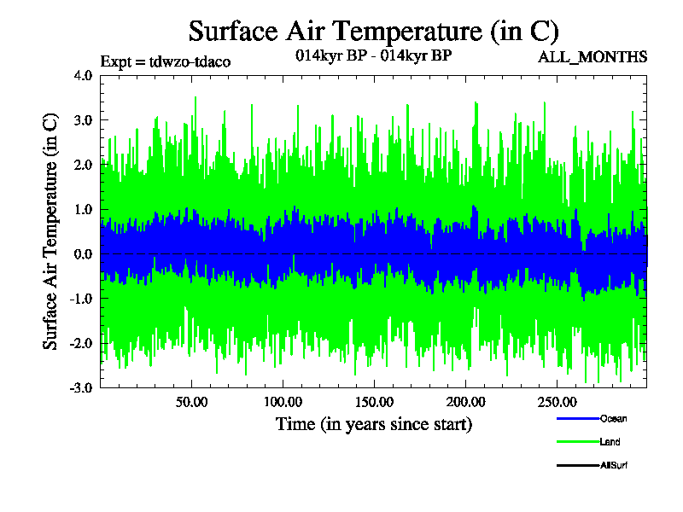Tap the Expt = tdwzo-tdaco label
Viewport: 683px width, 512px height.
click(166, 61)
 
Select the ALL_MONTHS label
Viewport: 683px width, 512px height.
click(593, 57)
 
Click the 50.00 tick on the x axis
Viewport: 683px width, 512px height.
click(191, 401)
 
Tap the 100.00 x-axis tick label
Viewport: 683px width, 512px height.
click(282, 401)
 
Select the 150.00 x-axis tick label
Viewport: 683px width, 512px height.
click(373, 401)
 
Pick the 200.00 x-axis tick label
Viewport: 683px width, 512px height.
click(464, 401)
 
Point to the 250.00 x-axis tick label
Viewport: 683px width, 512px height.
click(555, 401)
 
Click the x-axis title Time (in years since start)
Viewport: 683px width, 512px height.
click(373, 424)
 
